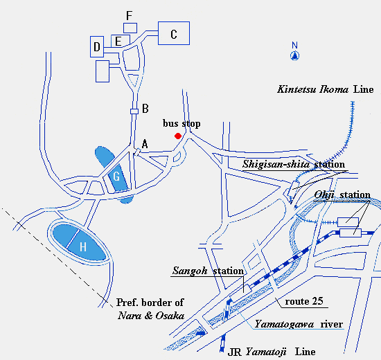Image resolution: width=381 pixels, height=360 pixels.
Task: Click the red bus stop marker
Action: pyautogui.click(x=178, y=136)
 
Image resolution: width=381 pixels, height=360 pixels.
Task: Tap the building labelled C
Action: pyautogui.click(x=174, y=33)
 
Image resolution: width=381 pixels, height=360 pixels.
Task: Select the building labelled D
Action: pyautogui.click(x=97, y=46)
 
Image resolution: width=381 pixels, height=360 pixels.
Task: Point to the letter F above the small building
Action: pyautogui.click(x=129, y=15)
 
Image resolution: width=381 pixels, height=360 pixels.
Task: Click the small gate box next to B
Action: pyautogui.click(x=134, y=111)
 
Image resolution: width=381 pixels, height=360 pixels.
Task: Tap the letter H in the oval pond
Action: pyautogui.click(x=83, y=246)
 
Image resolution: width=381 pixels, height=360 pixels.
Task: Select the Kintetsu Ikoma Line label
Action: pyautogui.click(x=326, y=89)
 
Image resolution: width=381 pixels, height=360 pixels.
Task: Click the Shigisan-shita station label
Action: pyautogui.click(x=294, y=164)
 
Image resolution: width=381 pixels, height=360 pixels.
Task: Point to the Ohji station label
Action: pyautogui.click(x=342, y=195)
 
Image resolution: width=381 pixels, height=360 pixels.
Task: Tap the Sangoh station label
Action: pyautogui.click(x=208, y=271)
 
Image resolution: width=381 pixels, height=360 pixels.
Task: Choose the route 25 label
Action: pyautogui.click(x=304, y=301)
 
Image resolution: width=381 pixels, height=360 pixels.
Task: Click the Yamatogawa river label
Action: pyautogui.click(x=299, y=324)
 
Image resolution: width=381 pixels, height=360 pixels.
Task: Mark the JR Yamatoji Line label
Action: pyautogui.click(x=272, y=352)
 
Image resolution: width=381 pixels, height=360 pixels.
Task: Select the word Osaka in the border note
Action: pyautogui.click(x=170, y=316)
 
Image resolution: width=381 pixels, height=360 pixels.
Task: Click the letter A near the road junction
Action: pyautogui.click(x=145, y=144)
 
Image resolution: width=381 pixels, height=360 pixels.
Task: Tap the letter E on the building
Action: pyautogui.click(x=118, y=42)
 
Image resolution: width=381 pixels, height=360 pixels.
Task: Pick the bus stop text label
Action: pyautogui.click(x=181, y=123)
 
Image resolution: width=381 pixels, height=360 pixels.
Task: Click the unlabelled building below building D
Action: pyautogui.click(x=103, y=71)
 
